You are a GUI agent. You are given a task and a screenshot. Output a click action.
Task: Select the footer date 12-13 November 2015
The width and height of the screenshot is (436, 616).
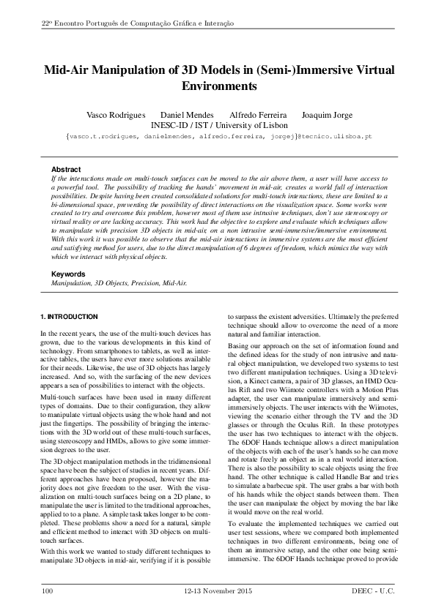[218, 589]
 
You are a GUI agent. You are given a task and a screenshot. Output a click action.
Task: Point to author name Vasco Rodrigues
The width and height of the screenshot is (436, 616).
[116, 116]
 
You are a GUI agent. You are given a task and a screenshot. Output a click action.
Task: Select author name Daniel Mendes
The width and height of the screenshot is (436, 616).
[187, 116]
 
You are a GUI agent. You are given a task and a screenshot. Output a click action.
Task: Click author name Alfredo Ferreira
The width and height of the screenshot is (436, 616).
[258, 116]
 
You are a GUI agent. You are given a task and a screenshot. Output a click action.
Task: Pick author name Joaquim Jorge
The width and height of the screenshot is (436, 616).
[327, 116]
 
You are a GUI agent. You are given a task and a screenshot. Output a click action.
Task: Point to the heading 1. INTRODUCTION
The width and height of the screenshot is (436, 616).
[68, 317]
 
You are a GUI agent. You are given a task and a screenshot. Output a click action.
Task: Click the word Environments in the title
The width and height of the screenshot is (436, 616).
[218, 86]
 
